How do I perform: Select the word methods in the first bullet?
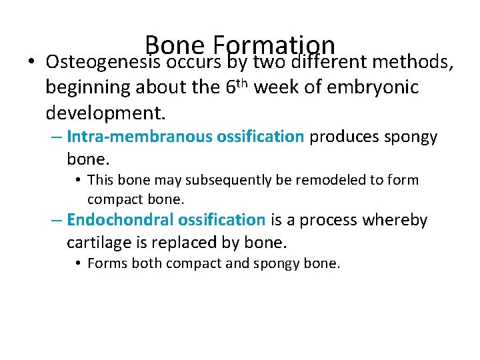pos(414,62)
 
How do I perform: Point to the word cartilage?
pos(95,242)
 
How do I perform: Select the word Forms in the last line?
pos(107,264)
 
